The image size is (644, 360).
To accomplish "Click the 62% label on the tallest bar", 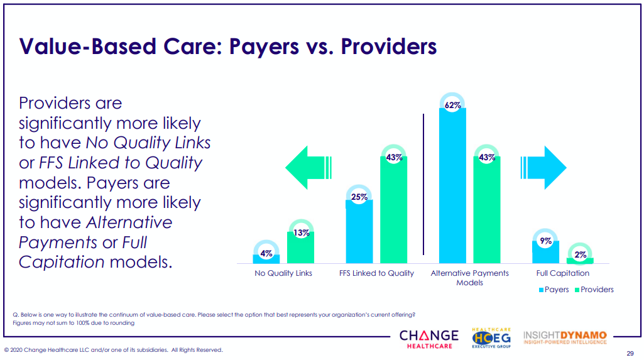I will [x=452, y=106].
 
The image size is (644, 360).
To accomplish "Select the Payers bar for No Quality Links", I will [x=266, y=258].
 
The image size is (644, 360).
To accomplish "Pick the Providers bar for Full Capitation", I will [x=580, y=260].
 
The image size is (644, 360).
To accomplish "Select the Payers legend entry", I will [x=554, y=290].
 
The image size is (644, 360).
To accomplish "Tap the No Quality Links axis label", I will [x=283, y=273].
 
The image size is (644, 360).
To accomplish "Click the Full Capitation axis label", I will [x=562, y=273].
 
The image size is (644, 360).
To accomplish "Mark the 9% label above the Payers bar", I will [x=545, y=241].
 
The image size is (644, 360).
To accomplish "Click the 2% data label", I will [x=580, y=254].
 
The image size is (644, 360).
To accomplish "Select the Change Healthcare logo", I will [x=428, y=339].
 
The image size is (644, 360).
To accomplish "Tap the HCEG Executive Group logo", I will [x=491, y=338].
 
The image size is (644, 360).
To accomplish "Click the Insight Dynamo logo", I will [x=564, y=337].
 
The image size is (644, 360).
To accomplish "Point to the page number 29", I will [x=630, y=352].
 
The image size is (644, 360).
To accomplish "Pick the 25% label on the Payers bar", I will [x=359, y=197].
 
